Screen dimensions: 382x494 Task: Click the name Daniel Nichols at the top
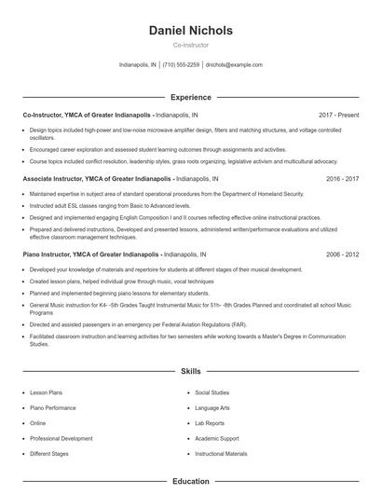click(x=191, y=31)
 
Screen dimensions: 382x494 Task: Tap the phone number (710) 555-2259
click(x=181, y=65)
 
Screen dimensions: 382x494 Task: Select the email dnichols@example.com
click(x=234, y=65)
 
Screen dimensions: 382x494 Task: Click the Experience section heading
click(x=191, y=96)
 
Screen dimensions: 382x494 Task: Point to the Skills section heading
click(x=191, y=371)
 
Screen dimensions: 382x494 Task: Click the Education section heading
click(x=191, y=481)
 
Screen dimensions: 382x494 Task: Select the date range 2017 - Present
click(x=338, y=115)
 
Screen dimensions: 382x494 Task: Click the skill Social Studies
click(x=212, y=392)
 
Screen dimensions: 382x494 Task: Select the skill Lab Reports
click(x=211, y=423)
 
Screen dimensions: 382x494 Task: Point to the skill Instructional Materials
click(x=221, y=453)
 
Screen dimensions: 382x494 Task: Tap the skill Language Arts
click(x=212, y=407)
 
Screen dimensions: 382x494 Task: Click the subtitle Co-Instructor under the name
click(x=191, y=45)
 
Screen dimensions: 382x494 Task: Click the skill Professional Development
click(x=61, y=438)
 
